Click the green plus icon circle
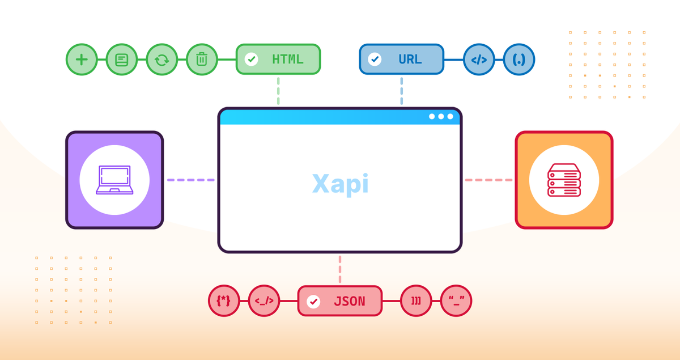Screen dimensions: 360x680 (82, 60)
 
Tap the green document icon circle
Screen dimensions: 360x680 (122, 60)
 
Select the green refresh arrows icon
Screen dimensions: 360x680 (162, 60)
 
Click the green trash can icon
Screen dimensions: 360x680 (202, 60)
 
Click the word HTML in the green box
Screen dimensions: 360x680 (287, 60)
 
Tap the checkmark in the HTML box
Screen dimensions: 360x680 (251, 60)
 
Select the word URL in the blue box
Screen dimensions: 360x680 (410, 60)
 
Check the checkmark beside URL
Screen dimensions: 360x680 (375, 60)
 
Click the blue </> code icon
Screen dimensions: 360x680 (479, 60)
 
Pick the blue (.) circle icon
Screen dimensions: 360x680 (519, 60)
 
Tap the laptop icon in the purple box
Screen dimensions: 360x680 (114, 180)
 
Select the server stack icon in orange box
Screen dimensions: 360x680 (564, 180)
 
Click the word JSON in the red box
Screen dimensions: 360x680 (349, 301)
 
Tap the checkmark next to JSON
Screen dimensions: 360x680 (313, 301)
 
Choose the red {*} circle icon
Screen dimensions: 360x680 (224, 301)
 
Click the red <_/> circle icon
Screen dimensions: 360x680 (264, 301)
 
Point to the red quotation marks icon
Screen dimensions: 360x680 (456, 301)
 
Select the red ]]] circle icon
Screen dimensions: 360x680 (416, 301)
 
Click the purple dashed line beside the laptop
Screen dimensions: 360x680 (190, 180)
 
